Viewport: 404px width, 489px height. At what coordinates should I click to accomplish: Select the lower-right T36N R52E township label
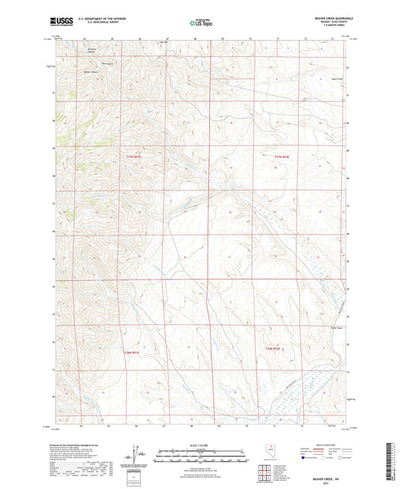pyautogui.click(x=282, y=349)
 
